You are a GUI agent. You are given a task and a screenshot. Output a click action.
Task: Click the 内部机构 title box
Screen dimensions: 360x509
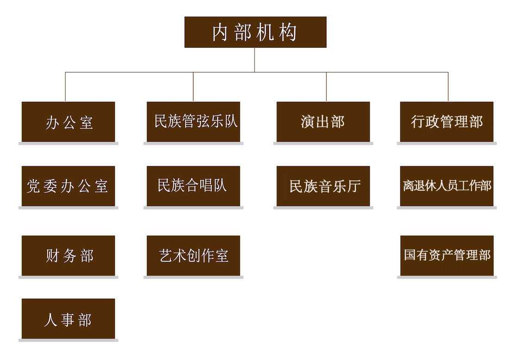pos(255,32)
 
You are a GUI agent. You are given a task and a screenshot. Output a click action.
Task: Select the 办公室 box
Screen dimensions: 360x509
pos(68,122)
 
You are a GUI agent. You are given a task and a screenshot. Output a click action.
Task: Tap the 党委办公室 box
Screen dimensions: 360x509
pos(68,186)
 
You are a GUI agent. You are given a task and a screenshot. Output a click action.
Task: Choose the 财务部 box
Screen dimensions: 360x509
pos(68,255)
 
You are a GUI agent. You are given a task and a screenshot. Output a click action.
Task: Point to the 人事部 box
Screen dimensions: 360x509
pos(68,319)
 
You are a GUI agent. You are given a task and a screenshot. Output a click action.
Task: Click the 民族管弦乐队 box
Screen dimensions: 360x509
pos(193,122)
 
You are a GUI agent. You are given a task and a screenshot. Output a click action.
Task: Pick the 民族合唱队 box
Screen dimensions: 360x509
pos(193,186)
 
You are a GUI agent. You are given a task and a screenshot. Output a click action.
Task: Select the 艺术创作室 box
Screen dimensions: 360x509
pos(193,255)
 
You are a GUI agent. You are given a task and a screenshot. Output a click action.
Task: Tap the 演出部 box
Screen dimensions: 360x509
pos(323,122)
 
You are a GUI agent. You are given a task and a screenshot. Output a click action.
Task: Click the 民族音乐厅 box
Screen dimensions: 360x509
pos(323,186)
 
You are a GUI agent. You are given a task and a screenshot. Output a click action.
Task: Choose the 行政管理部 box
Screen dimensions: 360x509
pos(447,122)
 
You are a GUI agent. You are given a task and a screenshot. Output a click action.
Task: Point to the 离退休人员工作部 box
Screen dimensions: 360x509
pos(447,186)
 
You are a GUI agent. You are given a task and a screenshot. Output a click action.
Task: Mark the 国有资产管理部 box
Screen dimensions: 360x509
pos(447,255)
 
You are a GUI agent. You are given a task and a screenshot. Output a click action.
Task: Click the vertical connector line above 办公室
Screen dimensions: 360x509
pos(65,87)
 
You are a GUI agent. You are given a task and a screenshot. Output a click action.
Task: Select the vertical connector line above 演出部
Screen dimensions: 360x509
pos(326,87)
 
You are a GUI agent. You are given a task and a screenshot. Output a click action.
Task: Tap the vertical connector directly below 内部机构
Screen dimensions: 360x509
pos(254,60)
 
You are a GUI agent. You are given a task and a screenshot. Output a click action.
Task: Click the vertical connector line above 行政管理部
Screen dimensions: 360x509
pos(448,87)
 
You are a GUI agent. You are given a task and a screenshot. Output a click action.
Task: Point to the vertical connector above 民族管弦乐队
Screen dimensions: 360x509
pos(193,87)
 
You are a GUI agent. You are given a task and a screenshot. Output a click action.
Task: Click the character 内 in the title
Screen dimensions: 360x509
pos(220,32)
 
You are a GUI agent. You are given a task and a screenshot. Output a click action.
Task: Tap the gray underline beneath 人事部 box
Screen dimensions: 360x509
pos(68,341)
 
